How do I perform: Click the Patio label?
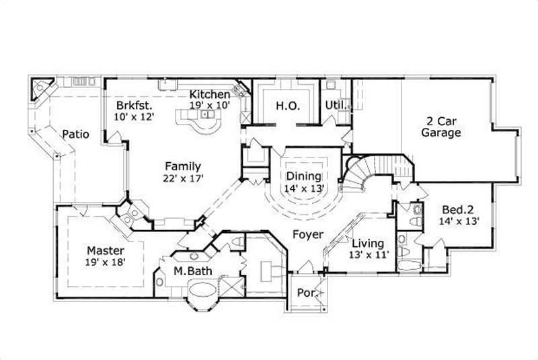click(x=76, y=134)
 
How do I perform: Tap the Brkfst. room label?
click(x=134, y=106)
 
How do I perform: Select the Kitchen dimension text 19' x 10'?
click(x=210, y=106)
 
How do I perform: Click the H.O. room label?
click(x=287, y=106)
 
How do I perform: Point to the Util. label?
click(x=336, y=106)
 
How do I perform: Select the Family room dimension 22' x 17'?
click(x=184, y=178)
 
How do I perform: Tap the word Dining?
click(x=305, y=176)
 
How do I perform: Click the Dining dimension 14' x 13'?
click(x=305, y=188)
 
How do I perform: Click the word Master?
click(x=105, y=250)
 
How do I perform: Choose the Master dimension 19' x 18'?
click(x=105, y=262)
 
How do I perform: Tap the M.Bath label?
click(x=188, y=271)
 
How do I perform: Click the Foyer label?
click(x=307, y=235)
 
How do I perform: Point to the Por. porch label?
click(x=307, y=293)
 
